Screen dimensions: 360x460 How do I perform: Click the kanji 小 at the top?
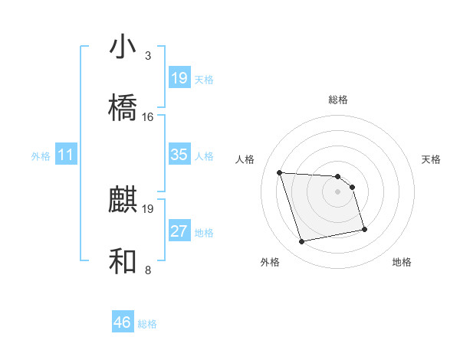(123, 47)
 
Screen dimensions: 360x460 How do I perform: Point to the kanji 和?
(123, 262)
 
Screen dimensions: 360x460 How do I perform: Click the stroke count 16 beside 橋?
(148, 117)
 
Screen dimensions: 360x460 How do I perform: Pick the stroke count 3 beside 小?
(148, 56)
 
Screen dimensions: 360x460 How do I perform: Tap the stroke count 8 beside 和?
(148, 270)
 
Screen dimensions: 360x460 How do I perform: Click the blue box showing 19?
(179, 78)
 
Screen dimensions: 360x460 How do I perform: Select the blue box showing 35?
(179, 155)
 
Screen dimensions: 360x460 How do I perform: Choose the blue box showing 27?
(179, 231)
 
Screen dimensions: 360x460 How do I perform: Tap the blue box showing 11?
(66, 155)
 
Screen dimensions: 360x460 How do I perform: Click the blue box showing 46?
(123, 322)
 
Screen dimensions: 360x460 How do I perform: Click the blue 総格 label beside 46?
(147, 324)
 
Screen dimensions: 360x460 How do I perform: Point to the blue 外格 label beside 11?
(41, 156)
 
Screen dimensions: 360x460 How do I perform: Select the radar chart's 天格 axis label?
(431, 159)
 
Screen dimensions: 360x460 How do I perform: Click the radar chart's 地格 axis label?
(402, 262)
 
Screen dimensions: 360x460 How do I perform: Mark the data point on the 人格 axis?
(280, 172)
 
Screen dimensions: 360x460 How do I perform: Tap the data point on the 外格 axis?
(302, 242)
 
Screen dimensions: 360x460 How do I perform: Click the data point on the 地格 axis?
(364, 229)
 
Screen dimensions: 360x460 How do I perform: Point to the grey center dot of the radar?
(338, 191)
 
